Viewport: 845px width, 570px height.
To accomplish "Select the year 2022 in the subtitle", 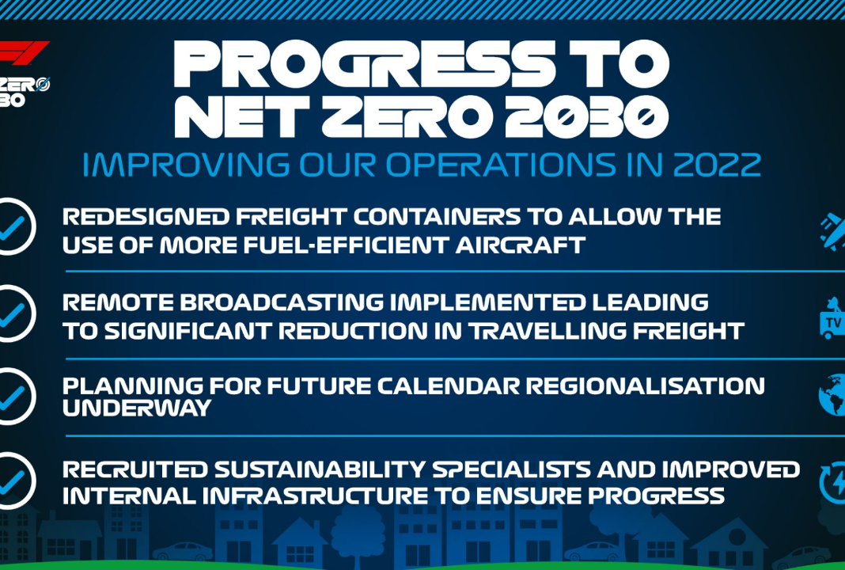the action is click(717, 165).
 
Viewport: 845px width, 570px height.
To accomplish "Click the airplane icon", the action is click(833, 231).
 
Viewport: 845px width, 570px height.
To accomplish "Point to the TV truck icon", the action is click(832, 318).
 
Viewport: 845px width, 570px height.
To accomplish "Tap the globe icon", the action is click(832, 395).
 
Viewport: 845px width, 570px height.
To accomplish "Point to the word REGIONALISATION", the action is click(645, 386).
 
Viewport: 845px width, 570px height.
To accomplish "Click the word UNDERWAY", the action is click(137, 408).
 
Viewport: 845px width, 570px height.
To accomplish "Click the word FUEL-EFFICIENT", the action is click(346, 245).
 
